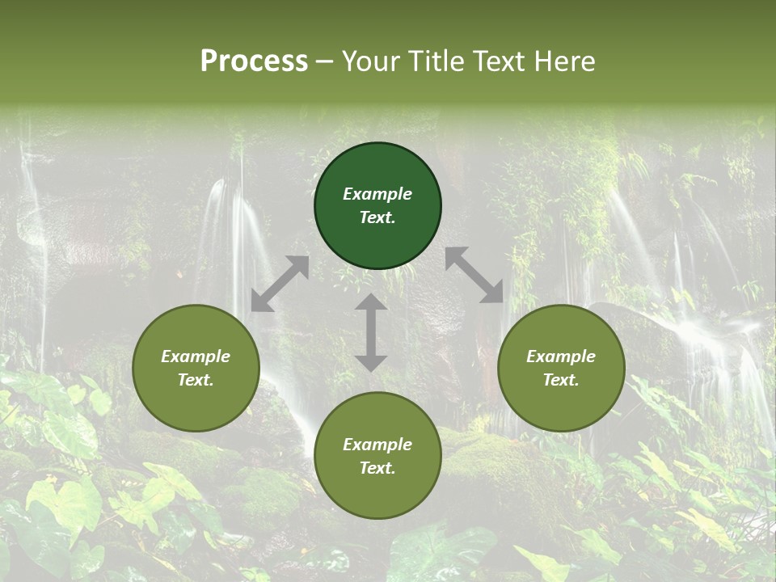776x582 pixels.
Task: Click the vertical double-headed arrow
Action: [371, 332]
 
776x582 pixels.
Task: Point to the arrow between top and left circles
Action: [280, 284]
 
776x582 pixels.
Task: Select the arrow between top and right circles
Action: [474, 275]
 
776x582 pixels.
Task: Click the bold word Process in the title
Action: [254, 61]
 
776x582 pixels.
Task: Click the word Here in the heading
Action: [565, 61]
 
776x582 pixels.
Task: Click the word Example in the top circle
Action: [377, 194]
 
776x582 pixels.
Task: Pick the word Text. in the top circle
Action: [377, 217]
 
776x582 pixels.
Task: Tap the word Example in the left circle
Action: [196, 356]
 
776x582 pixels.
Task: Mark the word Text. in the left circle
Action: [196, 380]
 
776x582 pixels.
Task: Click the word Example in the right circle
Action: [561, 356]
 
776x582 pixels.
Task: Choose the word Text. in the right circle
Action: [561, 380]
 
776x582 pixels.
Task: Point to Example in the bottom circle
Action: [377, 445]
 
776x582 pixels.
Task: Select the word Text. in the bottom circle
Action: [377, 468]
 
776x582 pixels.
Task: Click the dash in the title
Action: [325, 61]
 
